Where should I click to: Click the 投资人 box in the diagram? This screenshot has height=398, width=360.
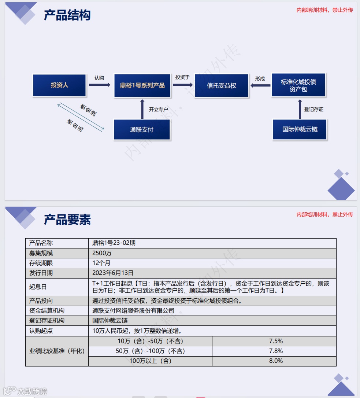click(x=60, y=85)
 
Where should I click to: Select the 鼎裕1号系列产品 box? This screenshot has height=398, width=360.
click(x=142, y=86)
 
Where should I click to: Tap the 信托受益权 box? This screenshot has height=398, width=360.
click(x=222, y=86)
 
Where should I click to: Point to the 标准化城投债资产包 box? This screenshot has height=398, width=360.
click(x=298, y=85)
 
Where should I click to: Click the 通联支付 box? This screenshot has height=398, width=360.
click(x=142, y=130)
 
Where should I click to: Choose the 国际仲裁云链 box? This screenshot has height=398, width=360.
click(x=300, y=129)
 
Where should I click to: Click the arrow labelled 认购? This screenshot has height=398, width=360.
click(x=99, y=85)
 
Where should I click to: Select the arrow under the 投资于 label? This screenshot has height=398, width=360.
click(x=182, y=85)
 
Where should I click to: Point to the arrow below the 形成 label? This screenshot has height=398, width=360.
click(x=260, y=85)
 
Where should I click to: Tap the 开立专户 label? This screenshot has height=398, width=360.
click(x=158, y=109)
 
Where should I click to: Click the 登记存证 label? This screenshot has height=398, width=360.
click(x=314, y=109)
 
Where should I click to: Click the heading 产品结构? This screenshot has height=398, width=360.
click(x=67, y=15)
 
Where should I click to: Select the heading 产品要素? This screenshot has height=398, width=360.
click(x=67, y=220)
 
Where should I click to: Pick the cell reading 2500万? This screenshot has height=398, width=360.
click(x=102, y=253)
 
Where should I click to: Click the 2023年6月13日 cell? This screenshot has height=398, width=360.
click(x=113, y=273)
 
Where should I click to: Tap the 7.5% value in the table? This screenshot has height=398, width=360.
click(x=276, y=341)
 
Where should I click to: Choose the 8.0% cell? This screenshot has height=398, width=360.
click(x=276, y=361)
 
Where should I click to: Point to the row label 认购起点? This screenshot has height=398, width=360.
click(x=41, y=331)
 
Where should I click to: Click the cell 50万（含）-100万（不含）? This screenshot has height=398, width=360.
click(x=150, y=351)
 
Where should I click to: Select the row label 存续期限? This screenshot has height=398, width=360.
click(x=41, y=263)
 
